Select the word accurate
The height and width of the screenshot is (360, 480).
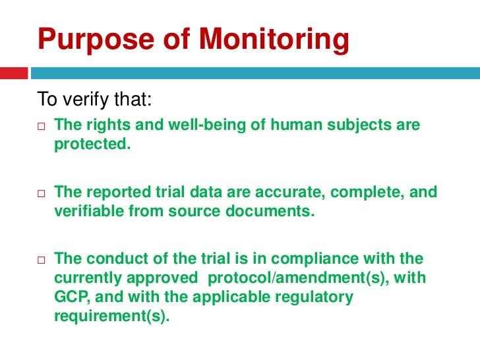[x=291, y=192]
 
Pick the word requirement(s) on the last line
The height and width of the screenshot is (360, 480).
[x=111, y=315]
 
